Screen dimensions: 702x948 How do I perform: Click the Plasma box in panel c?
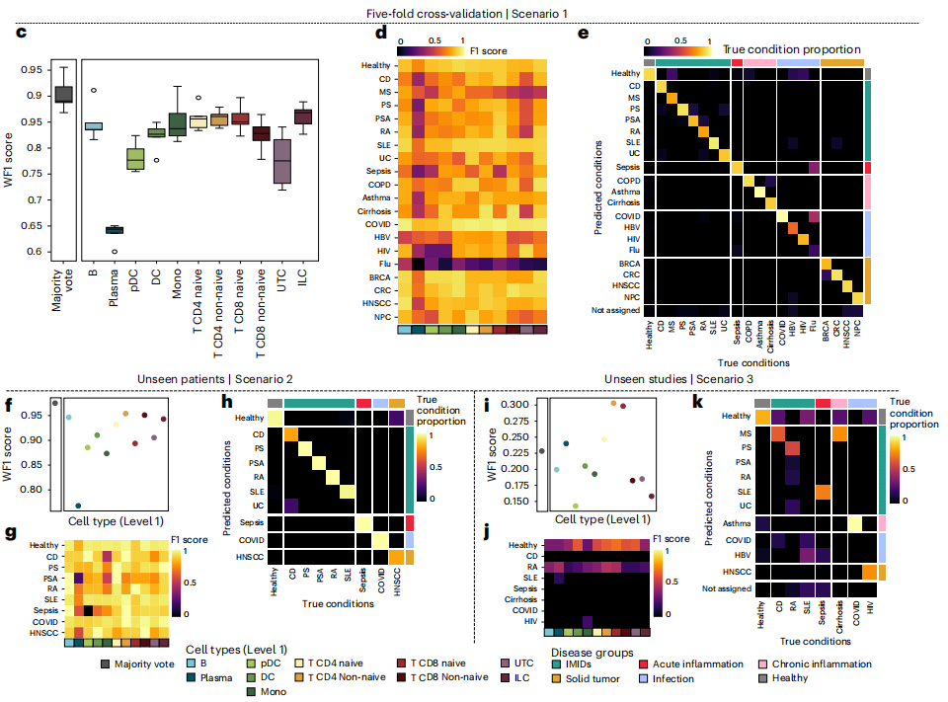pyautogui.click(x=115, y=230)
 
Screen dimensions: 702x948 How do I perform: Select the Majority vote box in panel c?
pyautogui.click(x=64, y=94)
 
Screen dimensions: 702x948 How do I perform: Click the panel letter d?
pyautogui.click(x=380, y=33)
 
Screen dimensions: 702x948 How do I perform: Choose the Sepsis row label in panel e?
pyautogui.click(x=625, y=169)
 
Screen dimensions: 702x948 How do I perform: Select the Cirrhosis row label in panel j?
pyautogui.click(x=520, y=598)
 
